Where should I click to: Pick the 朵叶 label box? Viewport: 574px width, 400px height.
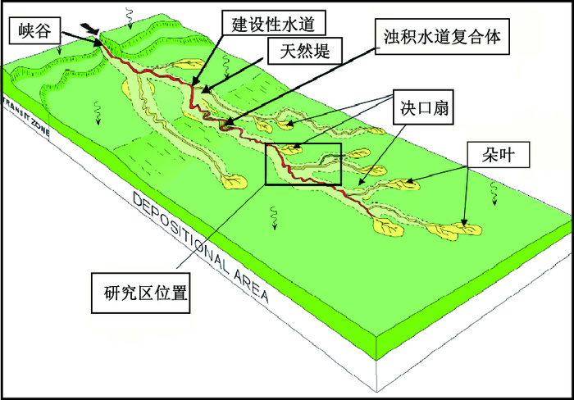click(490, 152)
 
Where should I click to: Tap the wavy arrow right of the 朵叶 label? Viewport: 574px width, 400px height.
click(494, 190)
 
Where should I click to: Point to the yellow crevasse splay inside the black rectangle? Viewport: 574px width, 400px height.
click(289, 150)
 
